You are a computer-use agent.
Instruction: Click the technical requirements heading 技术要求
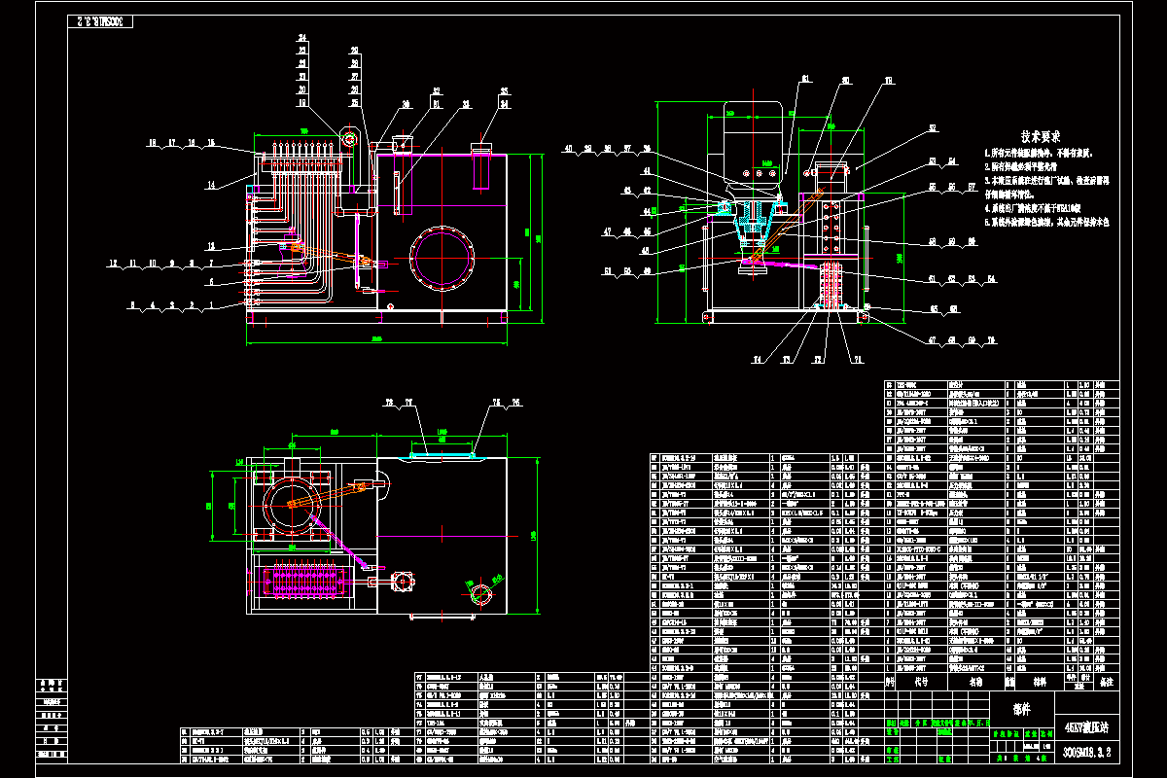1040,137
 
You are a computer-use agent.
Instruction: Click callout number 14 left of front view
209,185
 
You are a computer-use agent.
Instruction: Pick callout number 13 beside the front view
209,245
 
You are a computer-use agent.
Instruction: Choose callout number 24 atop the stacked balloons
302,38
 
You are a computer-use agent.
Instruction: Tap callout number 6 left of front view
209,282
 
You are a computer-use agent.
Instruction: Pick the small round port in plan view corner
479,592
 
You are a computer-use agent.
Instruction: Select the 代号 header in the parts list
921,684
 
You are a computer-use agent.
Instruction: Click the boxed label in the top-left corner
100,21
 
